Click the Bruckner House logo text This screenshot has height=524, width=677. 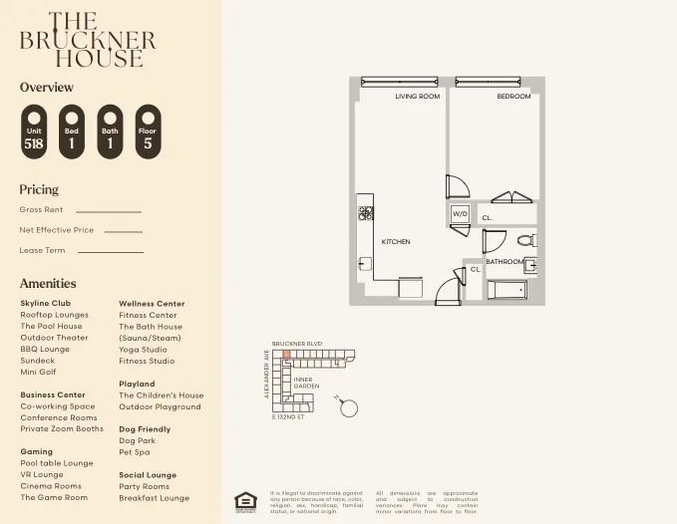[x=88, y=40]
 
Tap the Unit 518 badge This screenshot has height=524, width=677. [x=34, y=132]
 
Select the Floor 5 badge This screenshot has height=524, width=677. [x=148, y=132]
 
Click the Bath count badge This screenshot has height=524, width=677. [x=110, y=132]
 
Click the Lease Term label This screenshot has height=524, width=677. [x=42, y=250]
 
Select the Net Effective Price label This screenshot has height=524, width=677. [x=57, y=230]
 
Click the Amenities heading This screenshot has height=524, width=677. [x=48, y=283]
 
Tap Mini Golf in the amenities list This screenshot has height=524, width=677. [x=39, y=372]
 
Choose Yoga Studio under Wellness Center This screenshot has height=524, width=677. [x=144, y=350]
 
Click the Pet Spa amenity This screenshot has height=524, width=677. [x=136, y=452]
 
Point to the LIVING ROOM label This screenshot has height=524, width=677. [x=417, y=97]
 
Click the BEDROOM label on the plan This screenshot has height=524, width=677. [x=513, y=97]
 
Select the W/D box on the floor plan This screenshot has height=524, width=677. [x=460, y=214]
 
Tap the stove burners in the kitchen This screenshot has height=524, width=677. [x=366, y=212]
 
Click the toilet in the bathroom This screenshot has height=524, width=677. [x=527, y=240]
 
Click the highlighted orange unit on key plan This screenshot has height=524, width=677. [x=286, y=354]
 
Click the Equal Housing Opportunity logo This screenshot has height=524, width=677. [x=244, y=501]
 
